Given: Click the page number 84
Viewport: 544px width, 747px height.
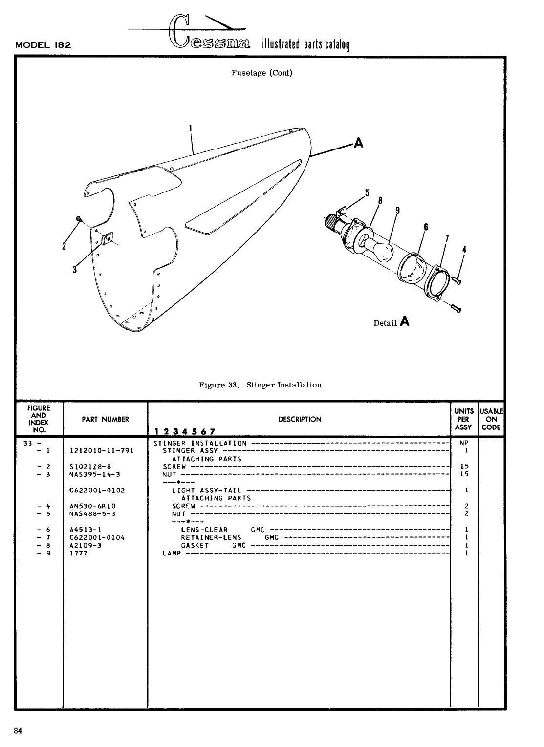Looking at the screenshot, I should pos(19,731).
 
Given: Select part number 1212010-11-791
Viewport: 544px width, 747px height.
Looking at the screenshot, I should pos(102,451).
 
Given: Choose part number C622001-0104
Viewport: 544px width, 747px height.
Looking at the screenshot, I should pos(97,537).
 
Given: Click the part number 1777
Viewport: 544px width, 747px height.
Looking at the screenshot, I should pos(78,554).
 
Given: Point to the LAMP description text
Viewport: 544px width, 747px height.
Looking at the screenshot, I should pos(172,554).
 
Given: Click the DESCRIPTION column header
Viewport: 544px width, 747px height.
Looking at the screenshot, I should pos(300,419).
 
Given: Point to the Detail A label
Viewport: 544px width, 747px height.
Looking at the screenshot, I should pos(391,322).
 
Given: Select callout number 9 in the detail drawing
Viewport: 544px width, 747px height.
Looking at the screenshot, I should pos(398,211).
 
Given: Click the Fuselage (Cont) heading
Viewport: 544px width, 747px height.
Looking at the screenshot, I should pos(261,73).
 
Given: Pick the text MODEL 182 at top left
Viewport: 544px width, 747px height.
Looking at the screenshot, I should pos(44,45).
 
